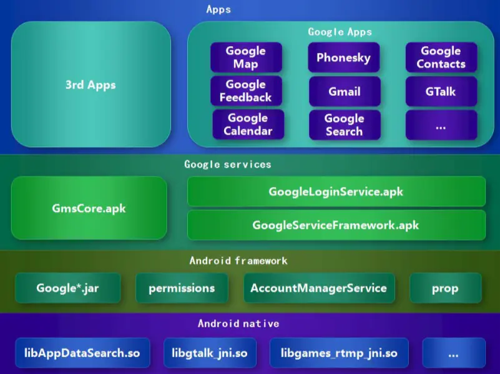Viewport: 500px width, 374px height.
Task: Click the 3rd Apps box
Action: click(91, 85)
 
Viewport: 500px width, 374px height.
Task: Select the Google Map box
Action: click(246, 57)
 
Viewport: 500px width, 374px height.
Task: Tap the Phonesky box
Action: click(343, 58)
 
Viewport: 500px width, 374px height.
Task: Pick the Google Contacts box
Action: click(441, 57)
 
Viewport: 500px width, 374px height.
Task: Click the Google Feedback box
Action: click(246, 91)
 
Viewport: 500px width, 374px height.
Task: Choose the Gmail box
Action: click(345, 92)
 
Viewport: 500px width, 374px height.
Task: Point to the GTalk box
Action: click(441, 92)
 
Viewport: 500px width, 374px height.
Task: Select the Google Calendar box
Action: click(248, 124)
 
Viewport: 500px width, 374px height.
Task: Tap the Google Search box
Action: click(344, 125)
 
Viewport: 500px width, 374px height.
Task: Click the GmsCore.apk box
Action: click(89, 208)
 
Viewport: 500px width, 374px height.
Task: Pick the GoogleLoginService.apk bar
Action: click(336, 191)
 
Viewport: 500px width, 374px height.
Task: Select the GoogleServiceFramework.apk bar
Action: click(336, 225)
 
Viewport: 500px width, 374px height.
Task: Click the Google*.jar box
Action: click(68, 288)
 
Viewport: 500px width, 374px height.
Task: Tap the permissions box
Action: click(182, 288)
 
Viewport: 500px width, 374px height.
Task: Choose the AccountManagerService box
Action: click(319, 288)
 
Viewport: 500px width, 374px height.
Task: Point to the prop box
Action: click(445, 288)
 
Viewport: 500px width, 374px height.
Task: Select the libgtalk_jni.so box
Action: click(210, 353)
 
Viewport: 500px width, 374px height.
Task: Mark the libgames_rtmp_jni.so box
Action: click(339, 353)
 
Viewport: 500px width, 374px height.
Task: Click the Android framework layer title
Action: click(238, 261)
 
